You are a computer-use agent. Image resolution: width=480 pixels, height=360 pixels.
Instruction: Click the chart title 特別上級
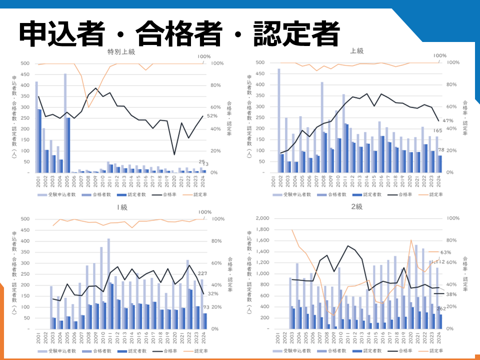121,51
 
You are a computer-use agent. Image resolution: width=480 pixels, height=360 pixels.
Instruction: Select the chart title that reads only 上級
356,51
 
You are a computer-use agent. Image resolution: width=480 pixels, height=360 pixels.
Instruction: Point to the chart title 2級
356,206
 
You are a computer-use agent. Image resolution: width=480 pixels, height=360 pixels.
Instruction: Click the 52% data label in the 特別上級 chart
211,116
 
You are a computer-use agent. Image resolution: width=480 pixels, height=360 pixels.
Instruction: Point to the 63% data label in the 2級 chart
446,252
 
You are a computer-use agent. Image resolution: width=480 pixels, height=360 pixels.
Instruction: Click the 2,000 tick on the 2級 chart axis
263,218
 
